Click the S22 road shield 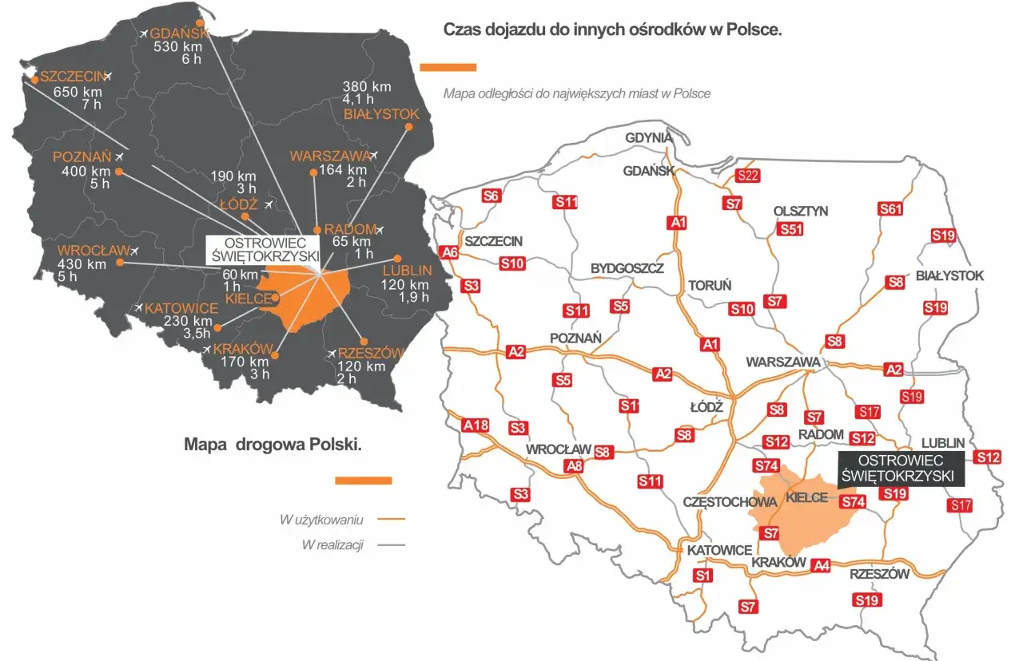pos(747,176)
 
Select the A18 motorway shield pos(476,425)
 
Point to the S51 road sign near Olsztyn pos(790,229)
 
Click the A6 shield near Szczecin pos(450,252)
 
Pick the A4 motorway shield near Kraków pos(821,565)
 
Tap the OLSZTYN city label pos(801,212)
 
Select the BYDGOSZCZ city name pos(627,268)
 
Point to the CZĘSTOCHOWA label pos(730,502)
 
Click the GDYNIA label pos(649,137)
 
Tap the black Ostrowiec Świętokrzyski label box pos(901,469)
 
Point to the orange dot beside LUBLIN pos(396,259)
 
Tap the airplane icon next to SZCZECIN pos(109,76)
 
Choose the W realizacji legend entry pos(332,544)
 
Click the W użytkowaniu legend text pos(322,520)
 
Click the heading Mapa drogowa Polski pos(273,445)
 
